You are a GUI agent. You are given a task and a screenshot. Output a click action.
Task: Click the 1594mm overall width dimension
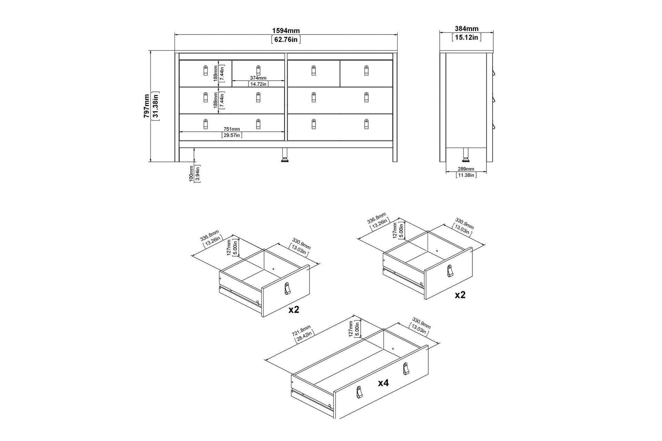point(286,31)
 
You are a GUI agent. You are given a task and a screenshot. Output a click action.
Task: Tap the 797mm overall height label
point(146,106)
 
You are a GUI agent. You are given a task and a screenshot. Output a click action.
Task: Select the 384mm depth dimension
point(467,29)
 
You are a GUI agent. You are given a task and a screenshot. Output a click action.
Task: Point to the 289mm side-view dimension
point(466,169)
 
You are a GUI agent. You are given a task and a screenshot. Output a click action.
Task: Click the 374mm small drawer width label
point(258,78)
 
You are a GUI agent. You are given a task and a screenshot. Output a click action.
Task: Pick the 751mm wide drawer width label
point(232,129)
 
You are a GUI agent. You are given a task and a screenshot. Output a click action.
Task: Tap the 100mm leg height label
point(191,173)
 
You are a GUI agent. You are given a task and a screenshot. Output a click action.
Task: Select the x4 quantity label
point(383,383)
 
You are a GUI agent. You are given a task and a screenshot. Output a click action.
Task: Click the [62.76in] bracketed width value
point(286,39)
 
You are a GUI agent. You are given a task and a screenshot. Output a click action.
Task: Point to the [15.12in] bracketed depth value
point(467,37)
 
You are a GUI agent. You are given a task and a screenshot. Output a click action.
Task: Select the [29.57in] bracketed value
point(232,135)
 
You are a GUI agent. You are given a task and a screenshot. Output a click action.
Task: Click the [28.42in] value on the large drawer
point(305,336)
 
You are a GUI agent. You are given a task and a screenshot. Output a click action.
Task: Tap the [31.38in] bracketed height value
point(156,106)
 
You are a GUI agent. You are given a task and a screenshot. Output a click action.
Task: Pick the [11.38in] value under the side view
point(466,175)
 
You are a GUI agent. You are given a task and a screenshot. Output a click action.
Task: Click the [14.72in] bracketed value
point(258,84)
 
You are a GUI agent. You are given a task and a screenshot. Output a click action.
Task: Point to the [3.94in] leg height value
point(198,174)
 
